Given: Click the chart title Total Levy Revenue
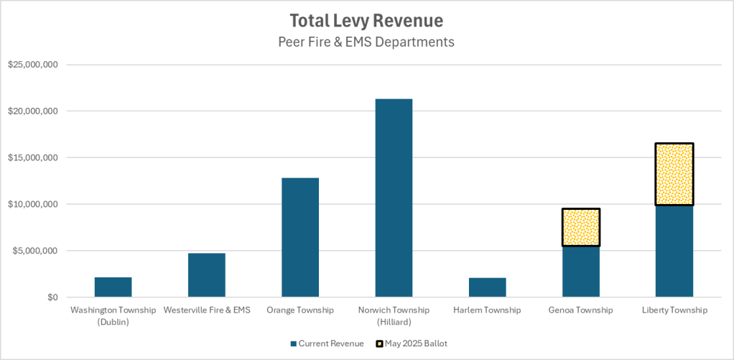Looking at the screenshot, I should [366, 20].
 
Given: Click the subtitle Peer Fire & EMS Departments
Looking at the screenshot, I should [366, 42].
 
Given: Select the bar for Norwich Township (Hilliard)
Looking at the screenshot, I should [394, 198].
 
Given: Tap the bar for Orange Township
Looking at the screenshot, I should [300, 237].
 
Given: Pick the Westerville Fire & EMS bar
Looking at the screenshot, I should [207, 274].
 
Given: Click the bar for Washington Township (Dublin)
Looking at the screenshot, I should [113, 287].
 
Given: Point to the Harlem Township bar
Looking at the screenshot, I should [487, 287].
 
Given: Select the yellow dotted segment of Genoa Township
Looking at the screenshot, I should [581, 228].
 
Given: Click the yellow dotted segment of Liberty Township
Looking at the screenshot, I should [674, 174].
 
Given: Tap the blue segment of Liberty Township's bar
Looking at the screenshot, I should [674, 251].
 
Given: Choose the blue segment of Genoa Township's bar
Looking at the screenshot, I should [581, 272].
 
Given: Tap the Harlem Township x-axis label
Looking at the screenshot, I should [487, 310].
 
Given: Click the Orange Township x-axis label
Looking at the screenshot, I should [300, 310].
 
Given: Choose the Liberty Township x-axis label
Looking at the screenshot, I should [674, 310].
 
